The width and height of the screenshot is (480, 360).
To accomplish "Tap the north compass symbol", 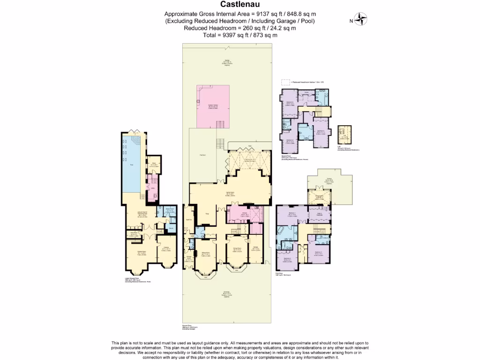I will coord(361,20).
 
